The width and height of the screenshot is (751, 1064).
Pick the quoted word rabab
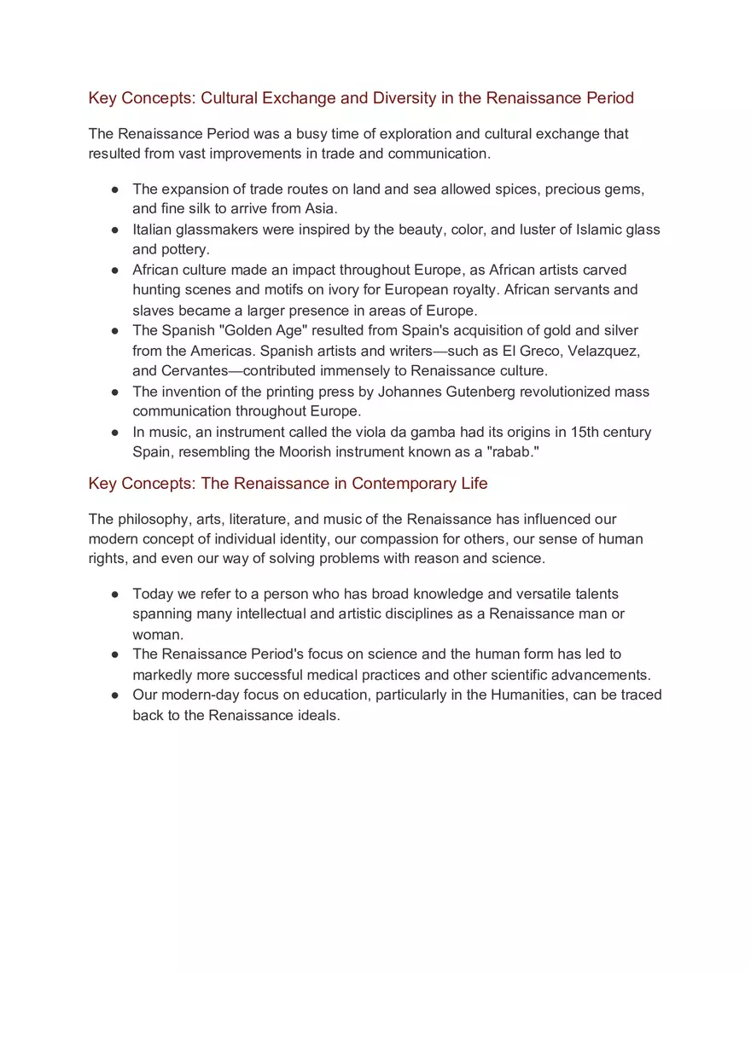pos(512,452)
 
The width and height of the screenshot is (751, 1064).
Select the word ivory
pos(343,290)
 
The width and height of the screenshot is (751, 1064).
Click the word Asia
pos(320,209)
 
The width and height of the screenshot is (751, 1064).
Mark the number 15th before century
pos(584,432)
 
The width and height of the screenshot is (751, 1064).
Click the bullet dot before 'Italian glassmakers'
pos(114,230)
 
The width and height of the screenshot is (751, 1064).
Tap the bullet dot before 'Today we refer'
pos(114,595)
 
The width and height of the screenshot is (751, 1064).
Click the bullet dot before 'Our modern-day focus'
pos(114,695)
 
